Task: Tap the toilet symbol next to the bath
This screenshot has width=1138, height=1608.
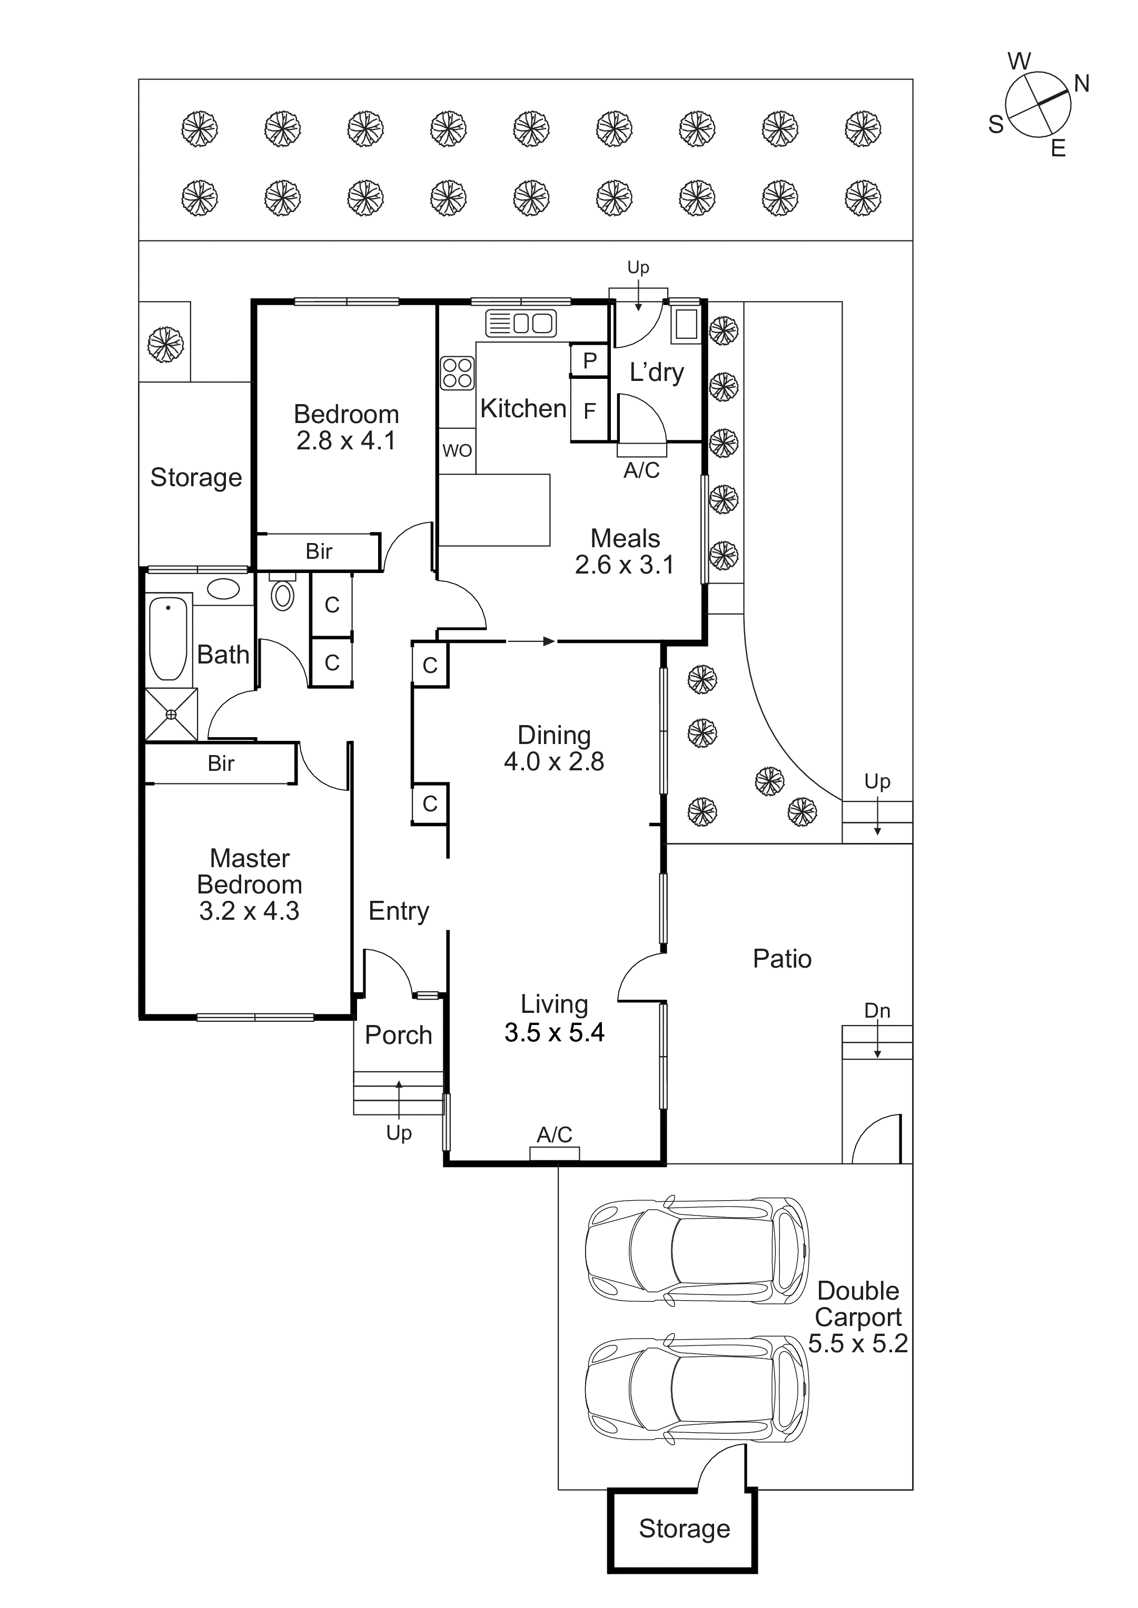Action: [x=282, y=595]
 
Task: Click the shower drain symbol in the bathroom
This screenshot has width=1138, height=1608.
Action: [x=171, y=715]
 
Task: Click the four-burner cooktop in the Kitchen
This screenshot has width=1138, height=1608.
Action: [x=457, y=373]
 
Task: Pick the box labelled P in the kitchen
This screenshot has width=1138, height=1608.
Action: [x=589, y=360]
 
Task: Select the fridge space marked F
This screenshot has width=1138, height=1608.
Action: [x=589, y=410]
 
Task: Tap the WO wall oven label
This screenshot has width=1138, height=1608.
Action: [x=457, y=450]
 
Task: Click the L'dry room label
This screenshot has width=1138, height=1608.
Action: [x=656, y=372]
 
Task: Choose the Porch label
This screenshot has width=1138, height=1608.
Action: [x=398, y=1034]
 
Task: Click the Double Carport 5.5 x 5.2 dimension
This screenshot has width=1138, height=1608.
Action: [x=858, y=1343]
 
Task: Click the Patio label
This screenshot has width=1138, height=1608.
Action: [x=782, y=959]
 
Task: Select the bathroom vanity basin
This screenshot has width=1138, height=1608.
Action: [x=223, y=588]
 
